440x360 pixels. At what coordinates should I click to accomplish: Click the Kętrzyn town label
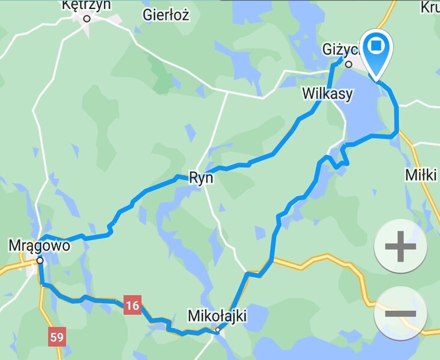pyautogui.click(x=86, y=5)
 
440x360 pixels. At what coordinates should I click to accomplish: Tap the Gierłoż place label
pyautogui.click(x=166, y=16)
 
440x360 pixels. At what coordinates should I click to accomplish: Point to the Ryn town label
pyautogui.click(x=201, y=178)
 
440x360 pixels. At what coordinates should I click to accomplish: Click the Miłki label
pyautogui.click(x=421, y=175)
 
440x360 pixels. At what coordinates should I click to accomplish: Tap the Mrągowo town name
pyautogui.click(x=39, y=245)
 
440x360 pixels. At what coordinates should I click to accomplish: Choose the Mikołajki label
pyautogui.click(x=217, y=316)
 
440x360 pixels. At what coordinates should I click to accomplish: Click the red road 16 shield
pyautogui.click(x=133, y=305)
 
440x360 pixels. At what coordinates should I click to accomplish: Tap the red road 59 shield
pyautogui.click(x=56, y=337)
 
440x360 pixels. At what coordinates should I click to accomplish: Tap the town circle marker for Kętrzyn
pyautogui.click(x=86, y=19)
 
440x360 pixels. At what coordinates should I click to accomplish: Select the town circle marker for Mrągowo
pyautogui.click(x=40, y=260)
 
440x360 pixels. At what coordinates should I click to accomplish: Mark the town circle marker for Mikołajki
pyautogui.click(x=218, y=329)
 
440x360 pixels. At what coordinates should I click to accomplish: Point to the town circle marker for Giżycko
pyautogui.click(x=348, y=63)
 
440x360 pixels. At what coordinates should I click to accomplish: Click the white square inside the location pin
pyautogui.click(x=377, y=46)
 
